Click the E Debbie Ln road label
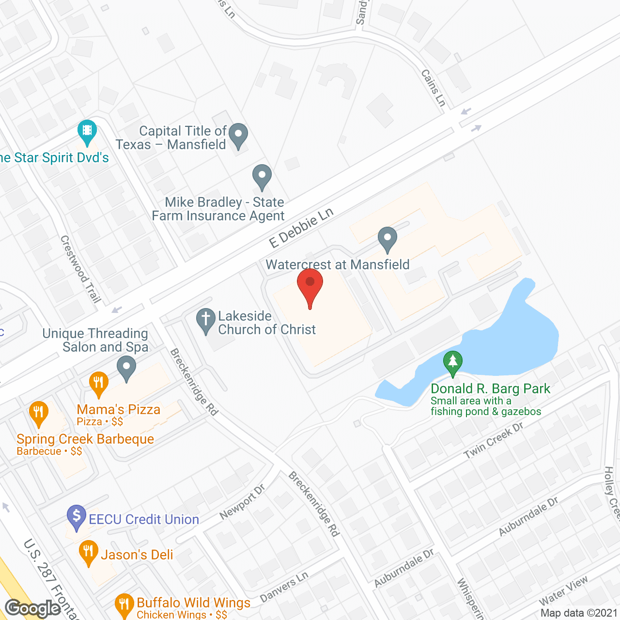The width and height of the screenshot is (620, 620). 301,228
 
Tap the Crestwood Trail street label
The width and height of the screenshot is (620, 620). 80,269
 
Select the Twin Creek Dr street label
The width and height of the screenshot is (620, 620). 493,440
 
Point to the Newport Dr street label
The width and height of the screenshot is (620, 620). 242,501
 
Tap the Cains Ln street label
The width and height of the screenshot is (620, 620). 433,88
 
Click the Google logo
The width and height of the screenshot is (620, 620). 33,608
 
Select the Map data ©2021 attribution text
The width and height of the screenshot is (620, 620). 579,613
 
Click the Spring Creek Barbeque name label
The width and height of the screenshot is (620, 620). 85,439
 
